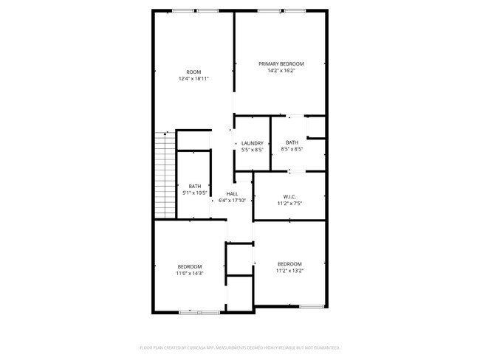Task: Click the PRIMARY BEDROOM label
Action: [x=281, y=64]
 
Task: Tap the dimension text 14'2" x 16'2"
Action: [x=281, y=72]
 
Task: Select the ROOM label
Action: [x=193, y=72]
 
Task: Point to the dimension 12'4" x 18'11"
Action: [x=193, y=78]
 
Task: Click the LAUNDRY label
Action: [x=253, y=143]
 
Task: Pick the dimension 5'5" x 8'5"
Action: [x=253, y=150]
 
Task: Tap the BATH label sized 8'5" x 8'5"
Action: [x=292, y=142]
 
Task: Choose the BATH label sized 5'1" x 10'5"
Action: [x=194, y=186]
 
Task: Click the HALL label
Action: [x=232, y=193]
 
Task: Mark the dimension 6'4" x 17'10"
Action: [x=232, y=200]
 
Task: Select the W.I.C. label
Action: [x=289, y=196]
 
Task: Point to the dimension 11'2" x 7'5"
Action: [x=289, y=203]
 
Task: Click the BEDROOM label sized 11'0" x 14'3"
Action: [x=189, y=266]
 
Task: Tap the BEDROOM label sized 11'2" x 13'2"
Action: [x=289, y=264]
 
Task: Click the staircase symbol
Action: [x=164, y=175]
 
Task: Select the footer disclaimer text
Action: [x=239, y=347]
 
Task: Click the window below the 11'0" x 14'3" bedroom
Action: [x=199, y=312]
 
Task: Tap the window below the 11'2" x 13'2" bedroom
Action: [x=311, y=306]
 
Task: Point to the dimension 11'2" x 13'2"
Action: [x=289, y=271]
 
